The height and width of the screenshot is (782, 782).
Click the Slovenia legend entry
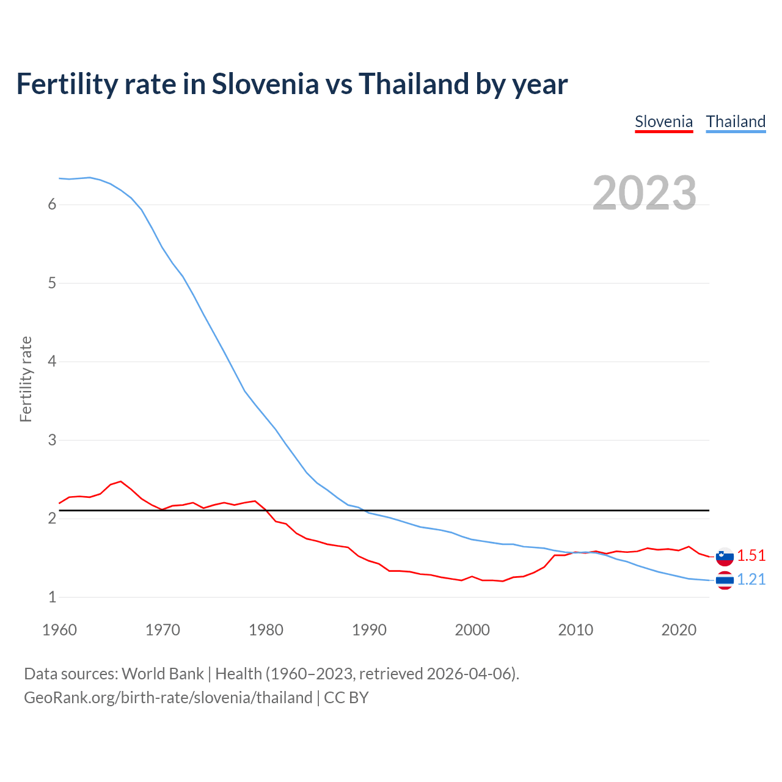pos(663,122)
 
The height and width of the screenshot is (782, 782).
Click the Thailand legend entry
pos(736,122)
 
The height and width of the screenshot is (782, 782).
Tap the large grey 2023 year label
pos(645,193)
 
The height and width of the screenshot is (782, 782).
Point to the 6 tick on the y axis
pos(52,205)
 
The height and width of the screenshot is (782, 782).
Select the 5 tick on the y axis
pos(52,283)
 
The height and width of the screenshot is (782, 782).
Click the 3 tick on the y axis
pos(52,440)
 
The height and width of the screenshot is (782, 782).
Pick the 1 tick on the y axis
pos(52,597)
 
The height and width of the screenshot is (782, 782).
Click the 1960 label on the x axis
pos(59,630)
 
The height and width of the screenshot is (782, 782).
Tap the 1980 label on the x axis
pos(266,630)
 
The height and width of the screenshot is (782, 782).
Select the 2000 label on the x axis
pos(472,630)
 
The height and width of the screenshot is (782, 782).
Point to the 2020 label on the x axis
pos(679,630)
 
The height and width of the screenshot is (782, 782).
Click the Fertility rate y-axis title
pos(26,379)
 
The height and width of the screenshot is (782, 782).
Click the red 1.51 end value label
pos(751,555)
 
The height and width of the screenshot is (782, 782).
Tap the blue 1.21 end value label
pos(751,580)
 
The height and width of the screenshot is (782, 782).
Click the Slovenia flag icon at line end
pos(725,557)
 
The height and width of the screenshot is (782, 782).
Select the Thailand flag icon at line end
pos(725,580)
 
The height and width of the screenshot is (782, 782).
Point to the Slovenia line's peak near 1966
pos(120,481)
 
